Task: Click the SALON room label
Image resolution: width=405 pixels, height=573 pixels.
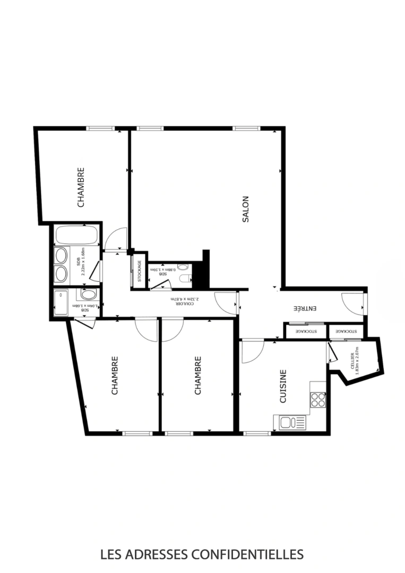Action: (x=245, y=209)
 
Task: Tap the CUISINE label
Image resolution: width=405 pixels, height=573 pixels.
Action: (x=283, y=387)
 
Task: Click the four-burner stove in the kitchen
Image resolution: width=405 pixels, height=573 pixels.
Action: (x=317, y=399)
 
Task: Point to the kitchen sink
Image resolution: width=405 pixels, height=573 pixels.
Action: (x=286, y=423)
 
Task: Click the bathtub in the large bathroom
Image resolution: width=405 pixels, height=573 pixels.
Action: (x=76, y=235)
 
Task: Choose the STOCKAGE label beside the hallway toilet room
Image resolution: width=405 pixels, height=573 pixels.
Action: (x=139, y=271)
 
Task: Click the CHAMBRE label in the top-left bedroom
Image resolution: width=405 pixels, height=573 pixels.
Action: (x=81, y=187)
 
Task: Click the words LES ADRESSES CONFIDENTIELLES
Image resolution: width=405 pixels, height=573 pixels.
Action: (x=202, y=555)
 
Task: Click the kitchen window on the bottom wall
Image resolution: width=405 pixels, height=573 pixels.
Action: (x=257, y=433)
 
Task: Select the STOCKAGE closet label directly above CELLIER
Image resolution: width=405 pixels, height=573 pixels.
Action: (x=346, y=331)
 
